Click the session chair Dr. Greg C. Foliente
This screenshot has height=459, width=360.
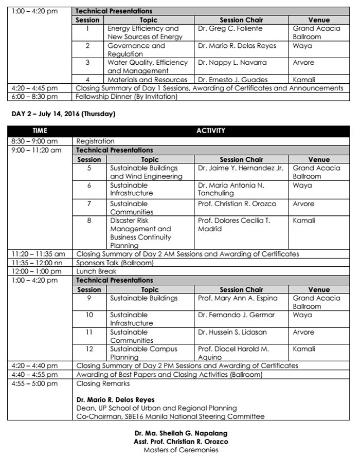click(x=230, y=29)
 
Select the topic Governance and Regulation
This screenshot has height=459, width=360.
click(x=136, y=50)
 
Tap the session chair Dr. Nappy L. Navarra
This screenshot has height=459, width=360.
click(x=232, y=63)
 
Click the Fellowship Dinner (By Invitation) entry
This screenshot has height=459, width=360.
click(x=126, y=96)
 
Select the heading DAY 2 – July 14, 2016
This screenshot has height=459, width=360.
click(x=61, y=114)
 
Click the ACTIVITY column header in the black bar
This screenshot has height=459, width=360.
click(x=211, y=131)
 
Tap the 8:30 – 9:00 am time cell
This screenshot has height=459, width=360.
click(x=34, y=141)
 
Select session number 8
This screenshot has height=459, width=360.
click(x=88, y=221)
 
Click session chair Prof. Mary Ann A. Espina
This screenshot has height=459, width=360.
click(x=238, y=298)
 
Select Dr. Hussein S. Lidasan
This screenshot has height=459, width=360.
click(x=232, y=332)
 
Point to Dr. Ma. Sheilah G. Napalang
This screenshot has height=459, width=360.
click(x=181, y=433)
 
